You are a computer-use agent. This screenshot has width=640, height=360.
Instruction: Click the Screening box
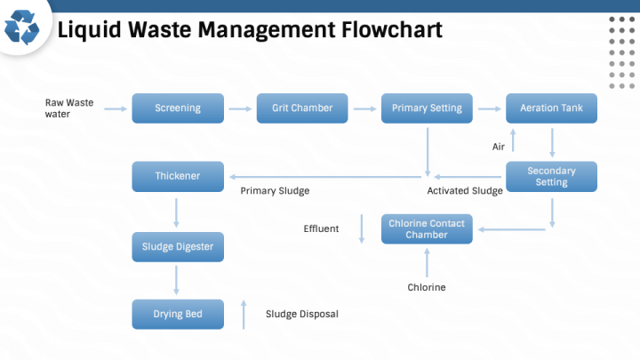pyautogui.click(x=178, y=108)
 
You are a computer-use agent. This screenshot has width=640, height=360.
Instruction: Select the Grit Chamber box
pyautogui.click(x=302, y=108)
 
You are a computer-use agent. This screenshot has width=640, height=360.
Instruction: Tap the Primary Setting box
pyautogui.click(x=427, y=108)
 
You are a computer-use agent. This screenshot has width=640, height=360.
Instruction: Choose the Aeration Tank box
pyautogui.click(x=551, y=108)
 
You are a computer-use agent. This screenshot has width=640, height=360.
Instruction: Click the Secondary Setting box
pyautogui.click(x=551, y=176)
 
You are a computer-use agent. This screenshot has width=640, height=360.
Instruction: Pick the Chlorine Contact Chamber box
pyautogui.click(x=427, y=229)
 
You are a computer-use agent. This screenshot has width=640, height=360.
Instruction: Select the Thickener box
pyautogui.click(x=178, y=176)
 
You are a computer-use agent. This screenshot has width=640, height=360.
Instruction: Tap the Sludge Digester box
pyautogui.click(x=178, y=246)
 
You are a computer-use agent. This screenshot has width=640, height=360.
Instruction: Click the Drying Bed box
pyautogui.click(x=178, y=314)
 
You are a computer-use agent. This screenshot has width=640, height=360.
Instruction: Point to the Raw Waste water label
pyautogui.click(x=69, y=108)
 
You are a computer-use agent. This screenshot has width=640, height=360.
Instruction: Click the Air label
pyautogui.click(x=499, y=147)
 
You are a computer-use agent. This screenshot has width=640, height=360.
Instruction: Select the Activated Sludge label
pyautogui.click(x=465, y=191)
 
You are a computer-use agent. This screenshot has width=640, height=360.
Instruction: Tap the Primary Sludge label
pyautogui.click(x=275, y=191)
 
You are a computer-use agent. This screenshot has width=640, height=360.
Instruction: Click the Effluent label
pyautogui.click(x=321, y=229)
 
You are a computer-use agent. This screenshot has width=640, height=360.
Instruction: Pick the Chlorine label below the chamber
pyautogui.click(x=427, y=287)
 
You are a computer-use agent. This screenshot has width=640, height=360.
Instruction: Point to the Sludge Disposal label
pyautogui.click(x=302, y=314)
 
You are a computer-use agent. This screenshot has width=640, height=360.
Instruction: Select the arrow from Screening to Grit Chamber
pyautogui.click(x=240, y=108)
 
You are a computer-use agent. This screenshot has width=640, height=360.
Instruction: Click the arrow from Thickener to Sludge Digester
pyautogui.click(x=178, y=212)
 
